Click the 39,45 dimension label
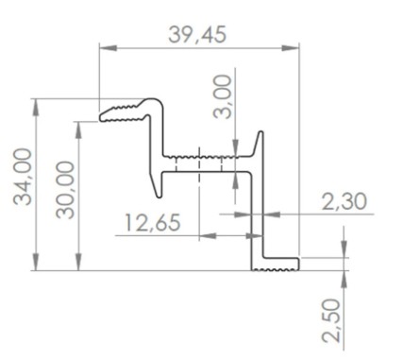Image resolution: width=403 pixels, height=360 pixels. point(197,35)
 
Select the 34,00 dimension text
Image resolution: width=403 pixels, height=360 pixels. point(24,177)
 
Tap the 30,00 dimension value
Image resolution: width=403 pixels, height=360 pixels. point(65,190)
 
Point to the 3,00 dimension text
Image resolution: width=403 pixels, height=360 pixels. point(223,96)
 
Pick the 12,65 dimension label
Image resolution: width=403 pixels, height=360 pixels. point(153,222)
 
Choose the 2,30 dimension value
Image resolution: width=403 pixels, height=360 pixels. point(344,201)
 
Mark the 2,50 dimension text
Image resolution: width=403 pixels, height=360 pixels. point(331,320)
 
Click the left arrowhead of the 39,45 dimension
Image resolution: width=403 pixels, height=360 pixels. point(109,48)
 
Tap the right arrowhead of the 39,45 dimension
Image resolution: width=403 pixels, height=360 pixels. point(290,48)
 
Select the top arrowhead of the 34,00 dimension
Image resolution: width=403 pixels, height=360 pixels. point(37,108)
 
